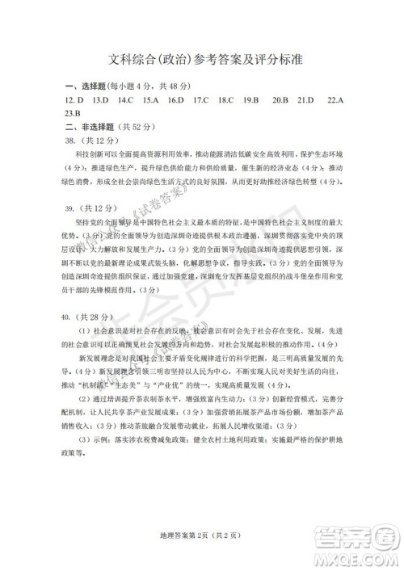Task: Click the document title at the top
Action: (202, 59)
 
